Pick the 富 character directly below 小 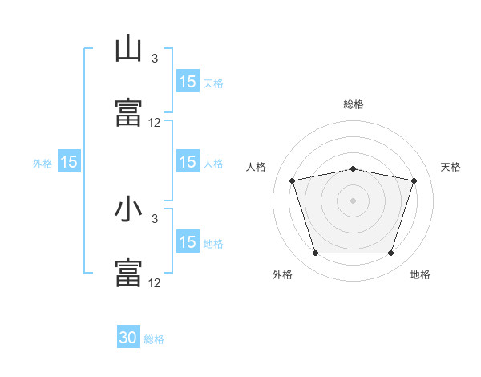point(128,272)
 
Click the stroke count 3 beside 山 point(155,59)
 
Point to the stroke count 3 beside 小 point(155,218)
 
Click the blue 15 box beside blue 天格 point(188,82)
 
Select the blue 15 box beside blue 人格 point(188,162)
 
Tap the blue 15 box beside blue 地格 point(188,242)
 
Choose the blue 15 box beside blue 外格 point(69,162)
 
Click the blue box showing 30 point(128,338)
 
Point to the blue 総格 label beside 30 point(155,339)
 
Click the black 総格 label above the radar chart point(354,104)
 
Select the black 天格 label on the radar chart point(451,167)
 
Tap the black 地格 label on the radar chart point(420,275)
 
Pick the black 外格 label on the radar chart point(282,275)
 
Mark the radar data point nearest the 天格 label point(414,180)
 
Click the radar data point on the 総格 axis point(354,168)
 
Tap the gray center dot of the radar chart point(354,200)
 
